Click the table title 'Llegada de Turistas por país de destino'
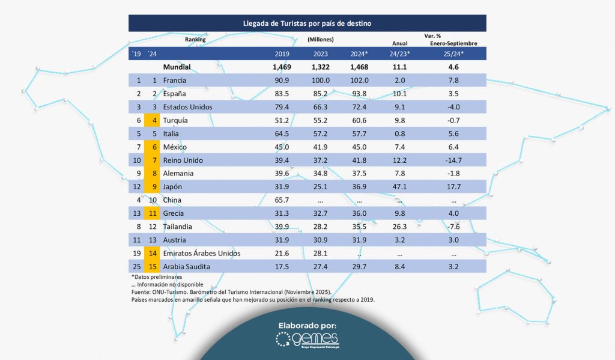click(307, 23)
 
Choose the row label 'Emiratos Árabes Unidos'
click(202, 253)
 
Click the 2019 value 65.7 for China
click(282, 200)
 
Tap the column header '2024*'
click(360, 54)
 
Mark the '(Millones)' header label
click(320, 40)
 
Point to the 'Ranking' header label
click(195, 40)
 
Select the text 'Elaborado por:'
click(307, 325)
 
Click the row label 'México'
click(175, 147)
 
